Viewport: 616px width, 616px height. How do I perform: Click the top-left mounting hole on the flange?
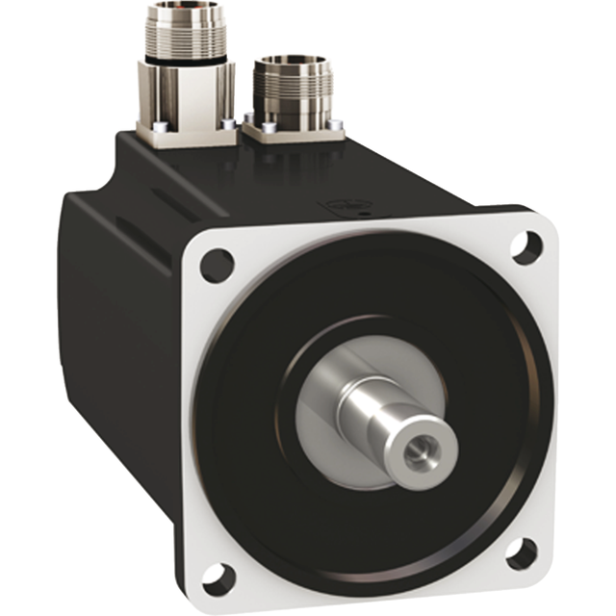[217, 264]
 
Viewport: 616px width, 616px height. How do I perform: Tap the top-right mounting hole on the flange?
[526, 247]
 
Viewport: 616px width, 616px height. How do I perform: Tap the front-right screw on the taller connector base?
[228, 123]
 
